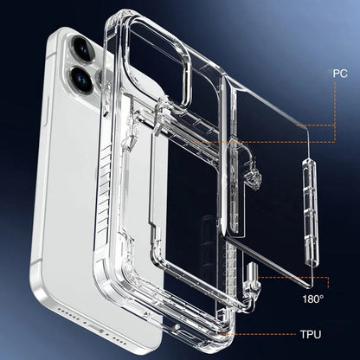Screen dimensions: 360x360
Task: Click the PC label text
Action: click(x=340, y=74)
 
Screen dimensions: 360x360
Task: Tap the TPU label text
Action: click(x=311, y=335)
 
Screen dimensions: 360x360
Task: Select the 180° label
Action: click(x=313, y=299)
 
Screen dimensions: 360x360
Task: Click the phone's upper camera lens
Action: click(x=83, y=48)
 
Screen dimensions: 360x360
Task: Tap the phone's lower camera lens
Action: click(x=81, y=79)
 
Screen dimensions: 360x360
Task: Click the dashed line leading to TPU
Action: click(x=259, y=335)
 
